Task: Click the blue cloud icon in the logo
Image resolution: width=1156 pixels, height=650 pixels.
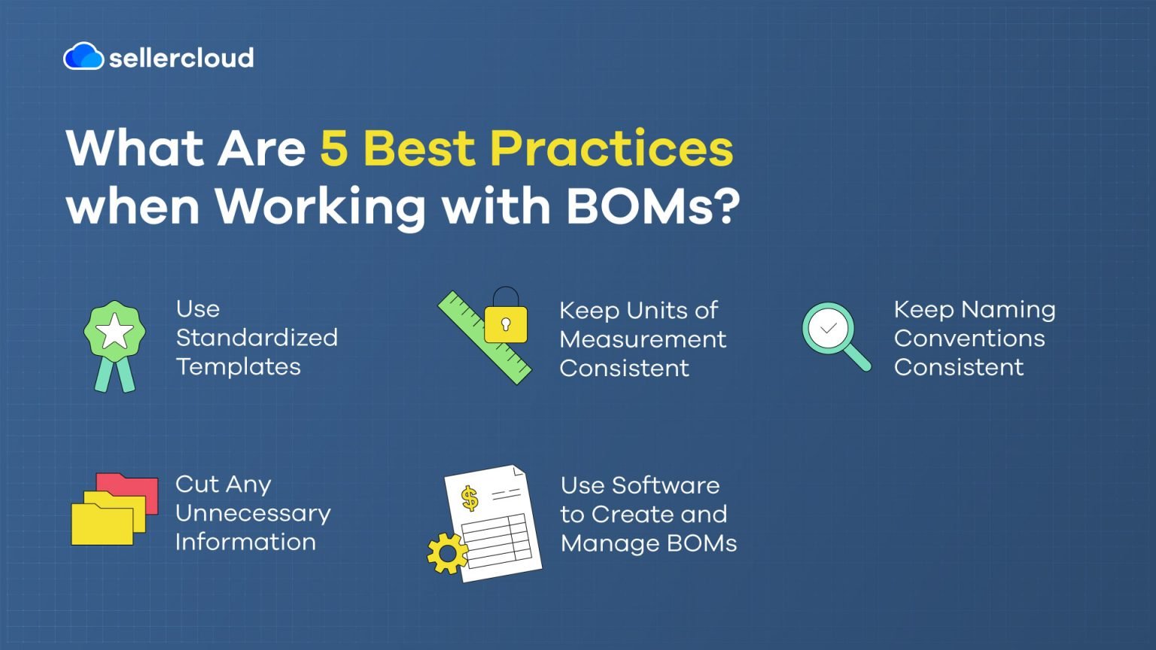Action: (x=83, y=56)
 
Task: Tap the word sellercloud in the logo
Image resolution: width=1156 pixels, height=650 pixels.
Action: (x=181, y=58)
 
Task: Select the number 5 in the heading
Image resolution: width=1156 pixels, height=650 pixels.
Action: (x=334, y=147)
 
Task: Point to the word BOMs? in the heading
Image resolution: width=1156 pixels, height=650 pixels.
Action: (x=653, y=205)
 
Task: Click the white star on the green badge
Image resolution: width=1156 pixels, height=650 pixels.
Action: (x=114, y=331)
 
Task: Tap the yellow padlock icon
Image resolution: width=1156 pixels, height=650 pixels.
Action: (x=505, y=322)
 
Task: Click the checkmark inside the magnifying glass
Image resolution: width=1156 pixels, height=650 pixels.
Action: (x=829, y=329)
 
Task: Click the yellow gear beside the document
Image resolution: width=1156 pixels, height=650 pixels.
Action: (x=447, y=554)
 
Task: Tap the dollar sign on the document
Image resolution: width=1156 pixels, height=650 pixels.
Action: (x=470, y=498)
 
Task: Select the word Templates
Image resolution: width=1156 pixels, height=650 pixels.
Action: (x=238, y=366)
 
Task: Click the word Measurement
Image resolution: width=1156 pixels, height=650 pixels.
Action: (x=643, y=339)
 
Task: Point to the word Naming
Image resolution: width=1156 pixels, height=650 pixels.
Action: (x=1008, y=310)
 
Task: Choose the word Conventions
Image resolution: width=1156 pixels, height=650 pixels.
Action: (x=969, y=339)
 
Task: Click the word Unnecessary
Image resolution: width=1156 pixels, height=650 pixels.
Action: (x=253, y=514)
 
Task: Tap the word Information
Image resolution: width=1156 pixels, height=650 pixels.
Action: (x=245, y=542)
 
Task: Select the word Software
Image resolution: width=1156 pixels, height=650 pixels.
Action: (x=666, y=485)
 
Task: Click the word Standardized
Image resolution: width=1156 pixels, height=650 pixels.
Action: (x=257, y=338)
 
